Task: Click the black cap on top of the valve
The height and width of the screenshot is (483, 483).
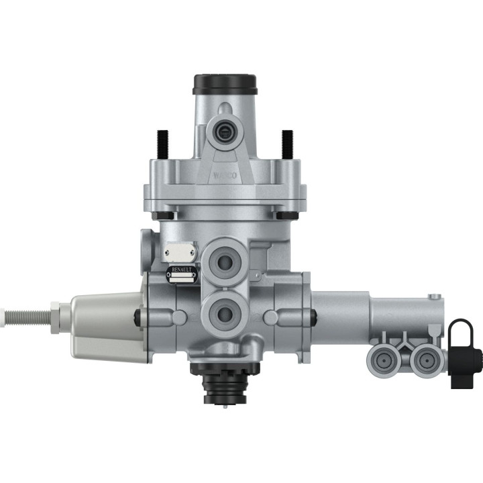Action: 225,84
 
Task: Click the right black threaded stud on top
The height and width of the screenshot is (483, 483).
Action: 288,142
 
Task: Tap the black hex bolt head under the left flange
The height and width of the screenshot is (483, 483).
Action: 163,215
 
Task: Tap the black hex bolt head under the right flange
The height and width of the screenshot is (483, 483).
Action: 286,215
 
